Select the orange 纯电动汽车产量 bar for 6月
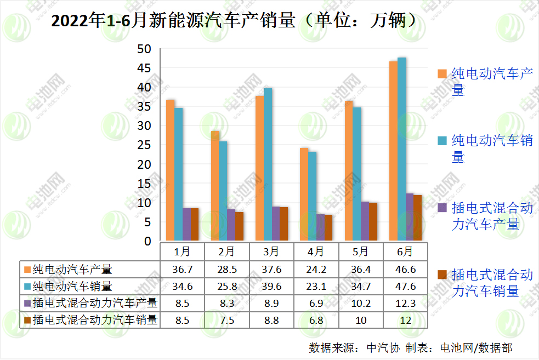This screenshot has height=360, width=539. [393, 151]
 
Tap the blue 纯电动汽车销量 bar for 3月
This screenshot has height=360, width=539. [268, 164]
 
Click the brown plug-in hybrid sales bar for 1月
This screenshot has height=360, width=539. [195, 224]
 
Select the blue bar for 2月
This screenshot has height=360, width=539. [223, 191]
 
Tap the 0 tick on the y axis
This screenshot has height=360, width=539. [147, 241]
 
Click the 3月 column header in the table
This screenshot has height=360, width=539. [271, 252]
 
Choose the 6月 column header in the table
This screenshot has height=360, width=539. [405, 252]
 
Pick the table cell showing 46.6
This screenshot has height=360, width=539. [405, 269]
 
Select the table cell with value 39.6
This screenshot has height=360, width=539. [271, 286]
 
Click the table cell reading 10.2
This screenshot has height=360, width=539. [360, 303]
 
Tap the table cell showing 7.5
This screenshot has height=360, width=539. [226, 320]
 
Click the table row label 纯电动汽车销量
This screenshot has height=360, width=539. [72, 286]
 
